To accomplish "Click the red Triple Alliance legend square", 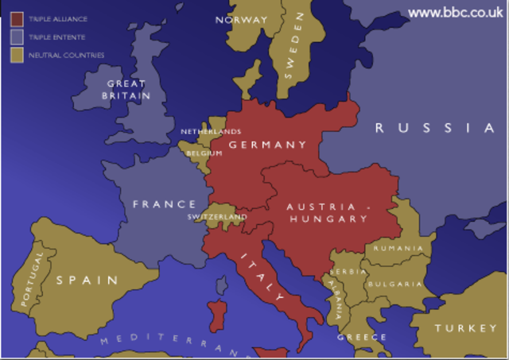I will click(16, 19).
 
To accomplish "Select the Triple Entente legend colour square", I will click(16, 37).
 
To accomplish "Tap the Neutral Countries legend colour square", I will click(16, 55).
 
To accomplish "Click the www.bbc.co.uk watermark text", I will click(455, 12).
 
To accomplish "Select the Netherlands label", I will click(210, 132).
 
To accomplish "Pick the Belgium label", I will click(204, 153).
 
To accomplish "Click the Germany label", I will click(267, 145).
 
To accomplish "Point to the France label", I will click(165, 204).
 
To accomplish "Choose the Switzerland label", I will click(217, 217).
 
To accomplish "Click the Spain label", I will click(87, 280).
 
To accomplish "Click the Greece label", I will click(362, 337).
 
